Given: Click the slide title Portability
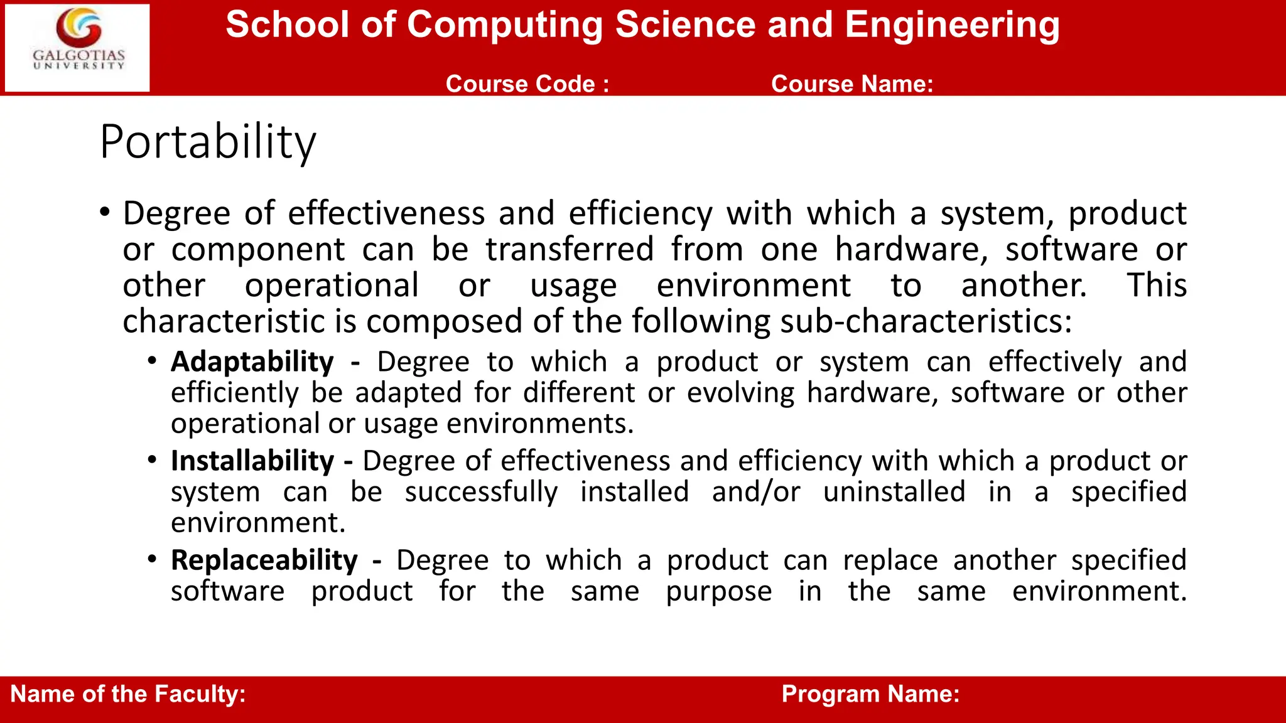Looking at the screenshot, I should pyautogui.click(x=208, y=142).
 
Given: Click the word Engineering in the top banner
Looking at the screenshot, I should pyautogui.click(x=952, y=25).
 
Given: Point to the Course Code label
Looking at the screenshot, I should pyautogui.click(x=527, y=84).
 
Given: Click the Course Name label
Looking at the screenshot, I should pyautogui.click(x=852, y=84).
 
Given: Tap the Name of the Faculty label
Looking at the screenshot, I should pyautogui.click(x=128, y=694).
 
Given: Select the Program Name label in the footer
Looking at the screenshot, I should pyautogui.click(x=870, y=694).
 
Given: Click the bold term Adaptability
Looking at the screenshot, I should pyautogui.click(x=252, y=362).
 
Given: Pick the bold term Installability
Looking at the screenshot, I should pyautogui.click(x=252, y=461).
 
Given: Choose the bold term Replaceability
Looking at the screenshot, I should pyautogui.click(x=264, y=560).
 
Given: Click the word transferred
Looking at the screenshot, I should pyautogui.click(x=570, y=250).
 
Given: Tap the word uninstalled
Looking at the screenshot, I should pyautogui.click(x=894, y=492).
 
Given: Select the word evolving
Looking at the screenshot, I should pyautogui.click(x=740, y=394).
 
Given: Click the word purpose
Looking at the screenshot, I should pyautogui.click(x=718, y=592).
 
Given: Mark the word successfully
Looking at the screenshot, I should pyautogui.click(x=481, y=492).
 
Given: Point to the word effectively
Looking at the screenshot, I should pyautogui.click(x=1055, y=362).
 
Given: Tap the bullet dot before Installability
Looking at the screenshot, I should pyautogui.click(x=152, y=460).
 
